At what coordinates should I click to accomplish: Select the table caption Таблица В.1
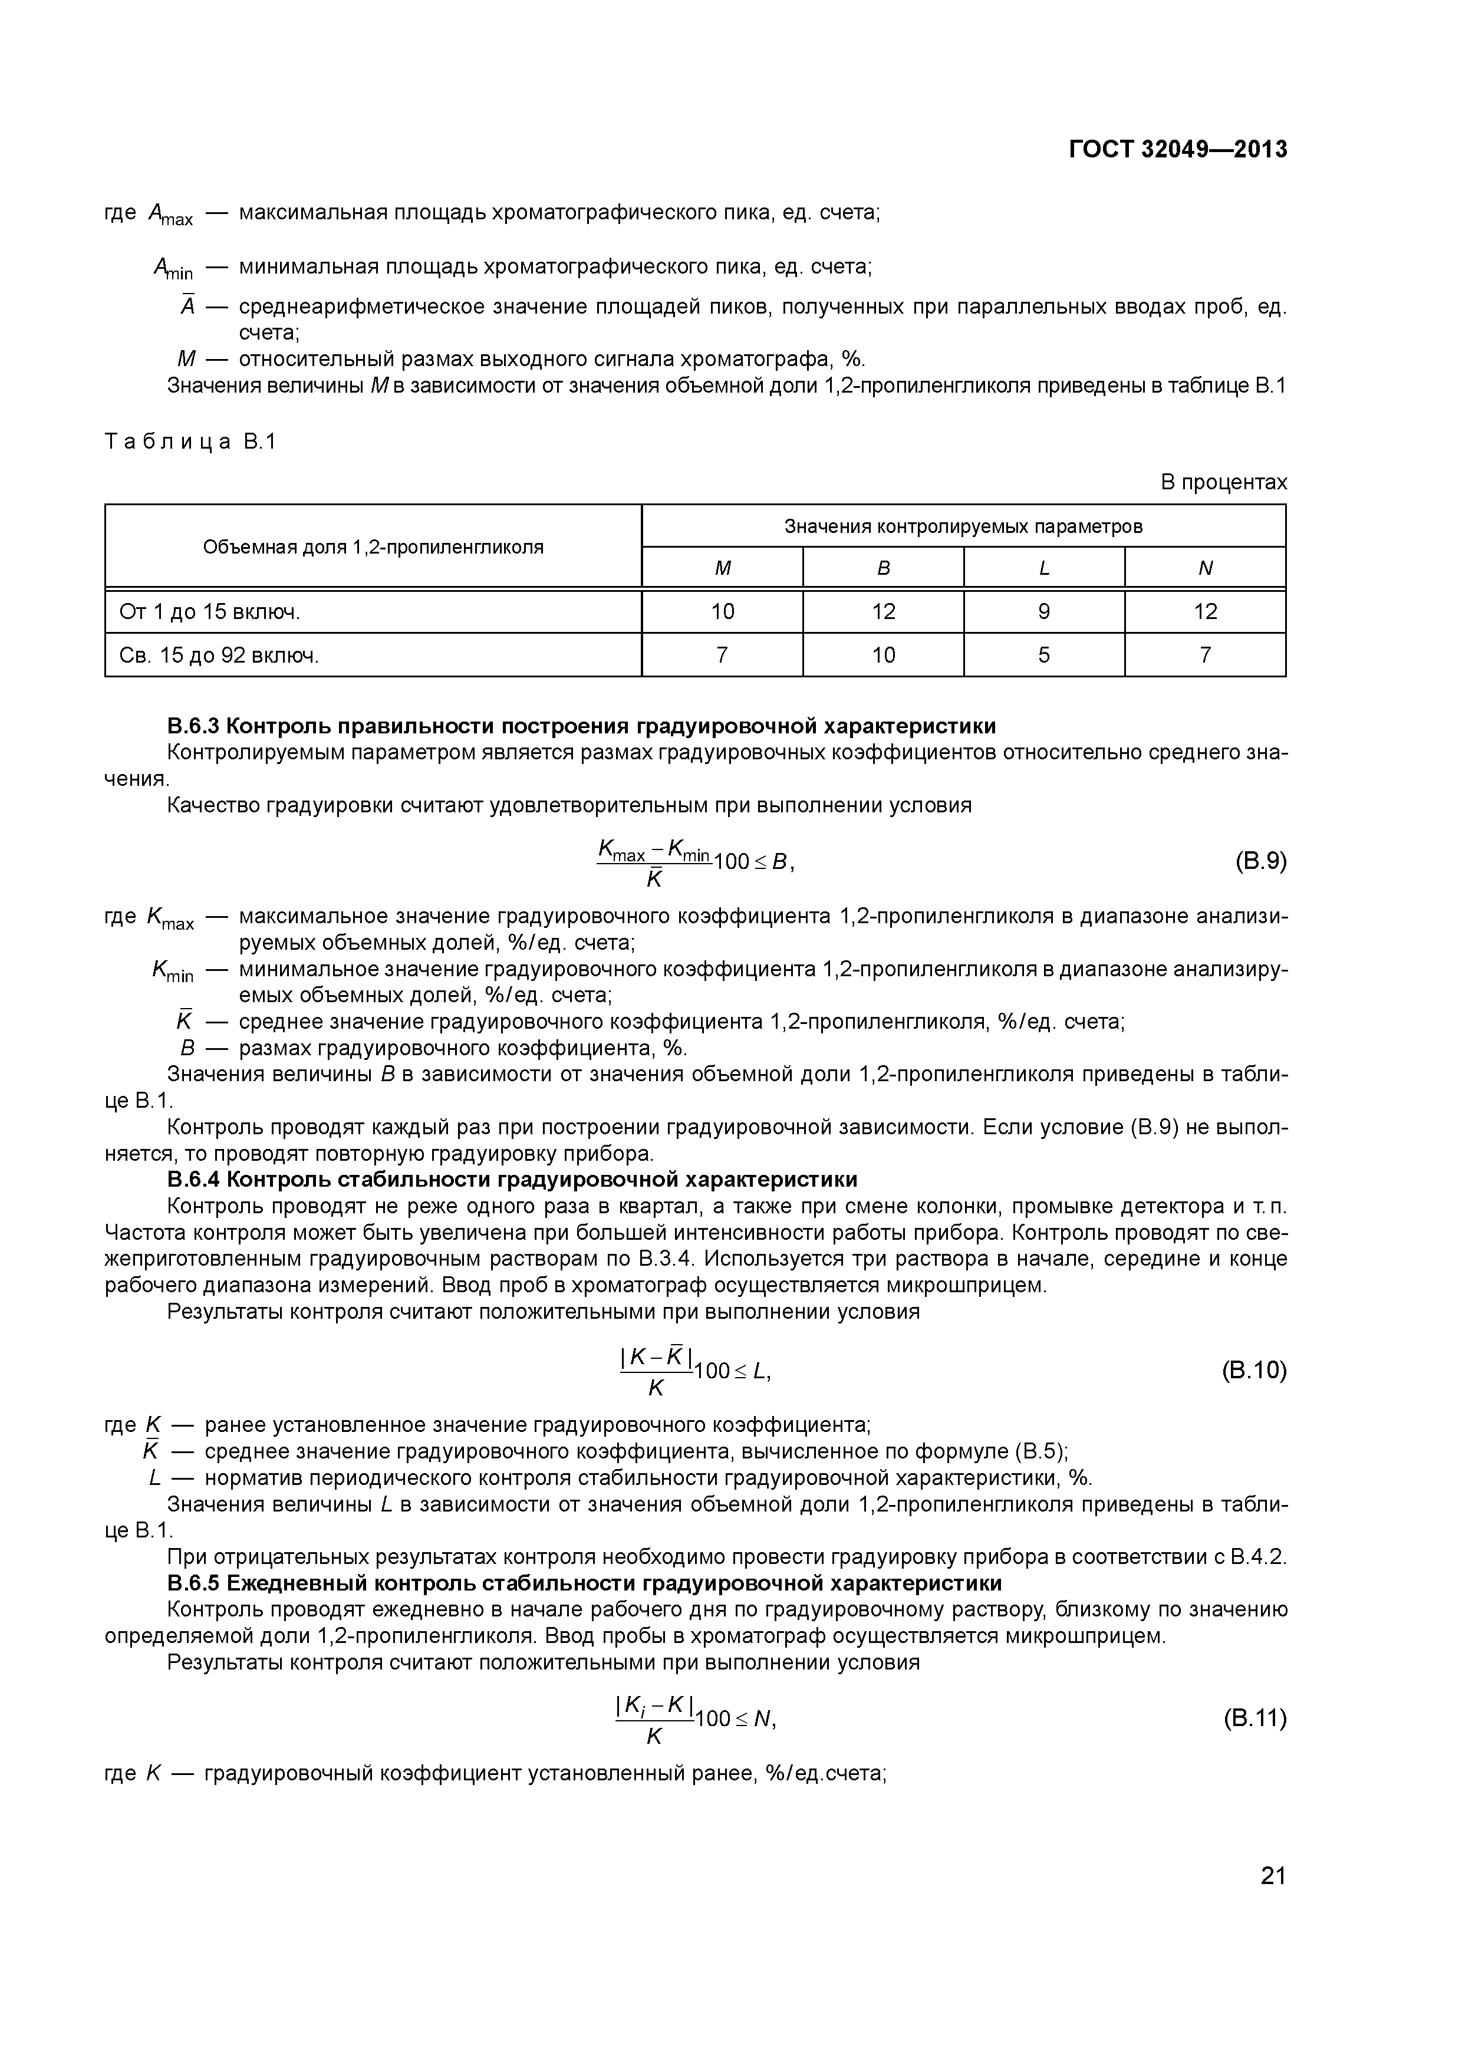tap(190, 442)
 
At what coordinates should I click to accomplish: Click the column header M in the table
tap(722, 568)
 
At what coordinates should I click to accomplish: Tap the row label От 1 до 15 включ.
tap(209, 611)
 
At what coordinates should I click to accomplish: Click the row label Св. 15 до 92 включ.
tap(219, 655)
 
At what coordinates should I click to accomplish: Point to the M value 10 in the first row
tap(722, 611)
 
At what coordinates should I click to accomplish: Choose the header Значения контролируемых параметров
tap(963, 526)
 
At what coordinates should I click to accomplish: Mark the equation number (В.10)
tap(1254, 1370)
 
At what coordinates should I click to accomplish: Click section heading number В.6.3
tap(195, 726)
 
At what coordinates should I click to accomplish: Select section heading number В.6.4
tap(195, 1180)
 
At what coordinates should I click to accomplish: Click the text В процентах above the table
tap(1223, 483)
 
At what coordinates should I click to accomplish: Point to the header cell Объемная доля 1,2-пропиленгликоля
tap(373, 546)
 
